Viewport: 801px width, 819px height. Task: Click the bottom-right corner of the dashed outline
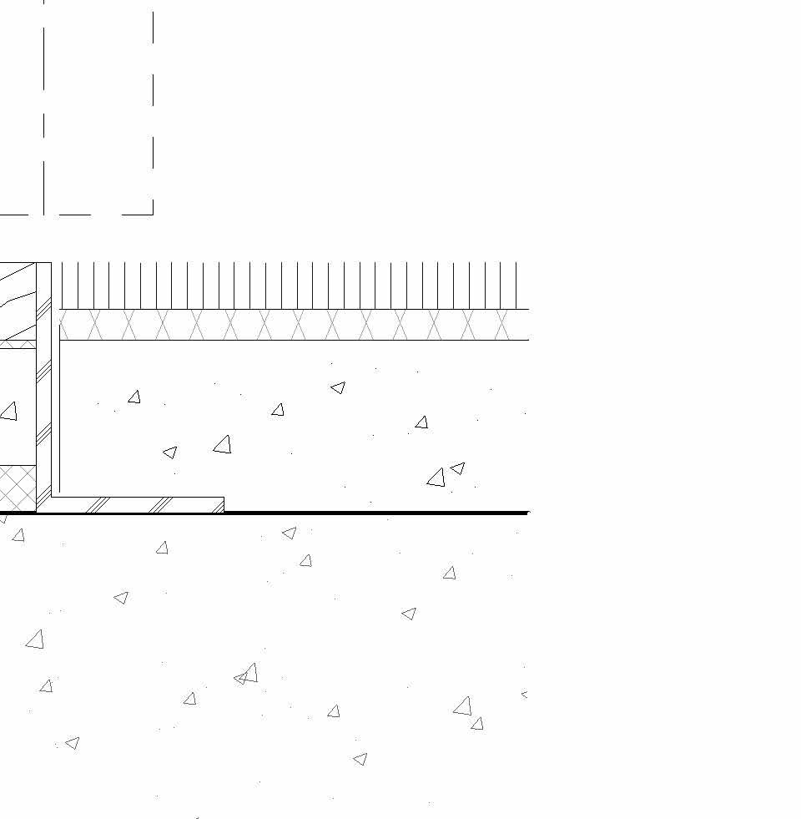pos(153,215)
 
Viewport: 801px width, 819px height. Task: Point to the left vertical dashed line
pos(44,109)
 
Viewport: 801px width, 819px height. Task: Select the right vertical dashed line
pos(153,109)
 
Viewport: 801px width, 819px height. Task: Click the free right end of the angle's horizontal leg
pos(224,505)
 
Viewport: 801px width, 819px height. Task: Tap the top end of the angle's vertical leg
pos(43,263)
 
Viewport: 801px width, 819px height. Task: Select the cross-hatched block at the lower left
pos(18,488)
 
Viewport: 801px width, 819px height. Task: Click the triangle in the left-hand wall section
pos(9,411)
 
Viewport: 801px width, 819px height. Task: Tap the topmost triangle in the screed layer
pos(338,387)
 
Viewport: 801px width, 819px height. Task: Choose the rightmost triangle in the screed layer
pos(457,468)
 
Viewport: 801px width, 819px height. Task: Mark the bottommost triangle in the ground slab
pos(360,759)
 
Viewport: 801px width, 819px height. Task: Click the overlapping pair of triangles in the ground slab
pos(246,675)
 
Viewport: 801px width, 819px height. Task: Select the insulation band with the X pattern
pos(292,325)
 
